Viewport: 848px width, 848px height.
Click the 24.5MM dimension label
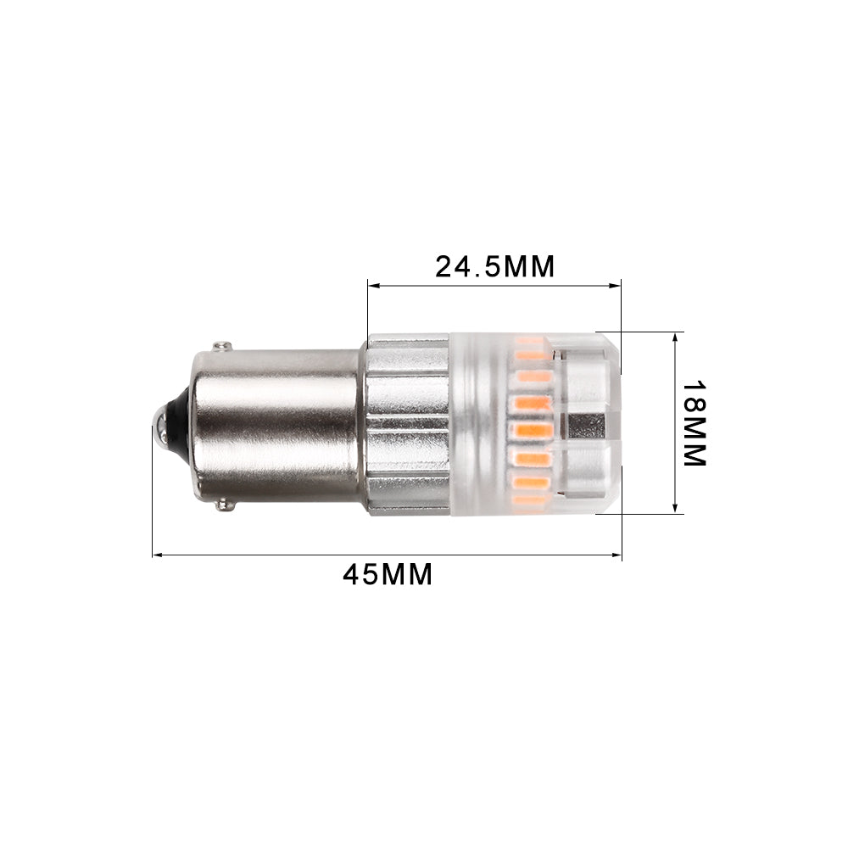click(494, 266)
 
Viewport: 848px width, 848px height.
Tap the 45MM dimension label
click(388, 574)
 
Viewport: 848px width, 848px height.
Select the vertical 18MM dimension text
click(694, 422)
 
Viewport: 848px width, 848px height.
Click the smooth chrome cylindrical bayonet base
click(271, 424)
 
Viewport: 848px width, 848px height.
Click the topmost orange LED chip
click(530, 343)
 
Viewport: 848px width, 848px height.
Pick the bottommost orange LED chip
click(530, 500)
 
